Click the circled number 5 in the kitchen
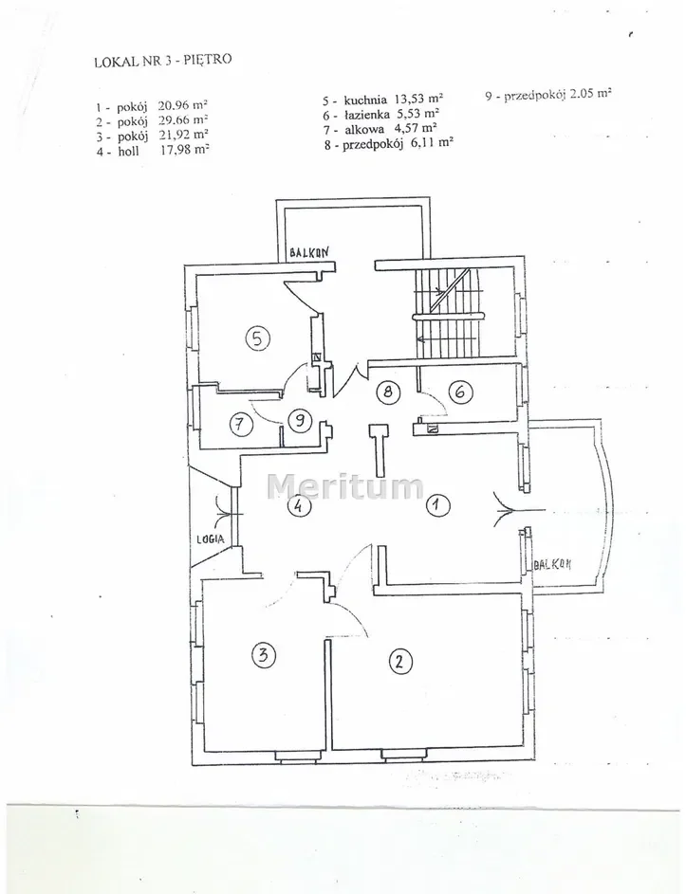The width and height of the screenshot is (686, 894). tap(257, 338)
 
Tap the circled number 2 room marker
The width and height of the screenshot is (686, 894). tap(399, 661)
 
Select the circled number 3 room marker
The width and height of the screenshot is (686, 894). tap(263, 654)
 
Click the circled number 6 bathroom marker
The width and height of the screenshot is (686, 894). tap(460, 392)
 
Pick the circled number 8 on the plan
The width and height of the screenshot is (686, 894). tap(388, 392)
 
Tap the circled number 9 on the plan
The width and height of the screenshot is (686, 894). tap(299, 422)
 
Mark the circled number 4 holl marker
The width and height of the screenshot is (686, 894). tap(299, 504)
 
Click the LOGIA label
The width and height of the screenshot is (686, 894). tap(210, 538)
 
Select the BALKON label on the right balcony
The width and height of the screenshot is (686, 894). tap(552, 564)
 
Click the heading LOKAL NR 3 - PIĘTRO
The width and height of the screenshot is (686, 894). tap(163, 60)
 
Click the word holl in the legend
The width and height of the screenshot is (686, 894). tap(128, 151)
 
